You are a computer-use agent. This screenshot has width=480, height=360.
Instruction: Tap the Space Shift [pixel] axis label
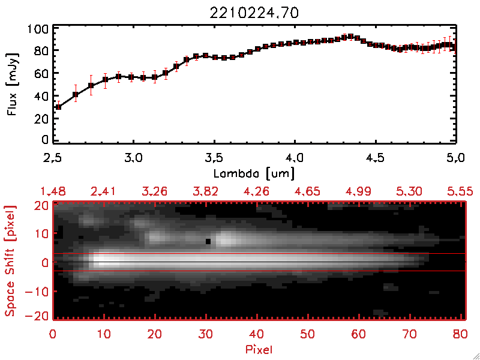10,261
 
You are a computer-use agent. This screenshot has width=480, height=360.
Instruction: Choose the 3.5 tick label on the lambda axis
214,159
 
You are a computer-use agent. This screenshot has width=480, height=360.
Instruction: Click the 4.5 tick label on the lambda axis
376,159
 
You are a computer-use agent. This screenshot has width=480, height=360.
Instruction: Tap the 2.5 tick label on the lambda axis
53,159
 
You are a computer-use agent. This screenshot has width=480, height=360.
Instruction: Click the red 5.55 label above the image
461,191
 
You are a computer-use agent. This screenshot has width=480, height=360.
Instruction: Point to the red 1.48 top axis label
53,191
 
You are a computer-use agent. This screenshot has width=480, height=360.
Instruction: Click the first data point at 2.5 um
58,107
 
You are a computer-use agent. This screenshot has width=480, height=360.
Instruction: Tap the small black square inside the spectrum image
208,241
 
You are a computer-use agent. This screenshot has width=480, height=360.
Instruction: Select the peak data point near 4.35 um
350,36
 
